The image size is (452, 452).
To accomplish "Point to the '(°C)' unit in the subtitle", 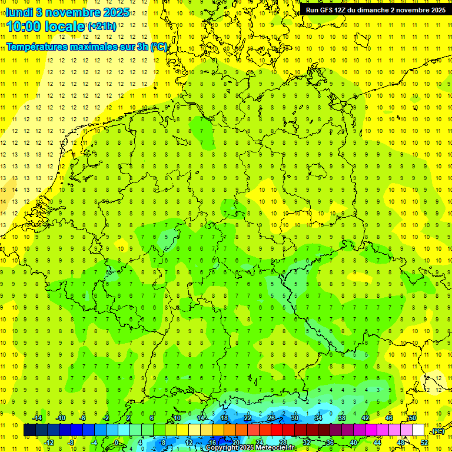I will (x=158, y=46).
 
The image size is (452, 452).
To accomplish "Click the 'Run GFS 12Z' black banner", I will (x=375, y=9).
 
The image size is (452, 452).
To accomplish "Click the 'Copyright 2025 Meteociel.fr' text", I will (x=250, y=448).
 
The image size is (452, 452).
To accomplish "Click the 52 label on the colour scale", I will (x=424, y=443).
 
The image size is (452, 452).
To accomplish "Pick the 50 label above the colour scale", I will (x=413, y=418).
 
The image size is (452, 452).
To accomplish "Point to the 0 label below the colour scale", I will (x=117, y=443).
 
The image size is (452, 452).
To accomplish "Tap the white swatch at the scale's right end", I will (x=418, y=430).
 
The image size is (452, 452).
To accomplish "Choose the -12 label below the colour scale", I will (x=49, y=443).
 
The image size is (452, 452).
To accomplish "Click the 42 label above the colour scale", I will (x=365, y=418).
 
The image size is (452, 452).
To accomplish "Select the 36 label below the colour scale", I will (x=330, y=443).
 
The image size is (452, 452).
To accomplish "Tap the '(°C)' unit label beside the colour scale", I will (x=438, y=431).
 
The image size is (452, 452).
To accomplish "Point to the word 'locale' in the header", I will (x=67, y=26).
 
